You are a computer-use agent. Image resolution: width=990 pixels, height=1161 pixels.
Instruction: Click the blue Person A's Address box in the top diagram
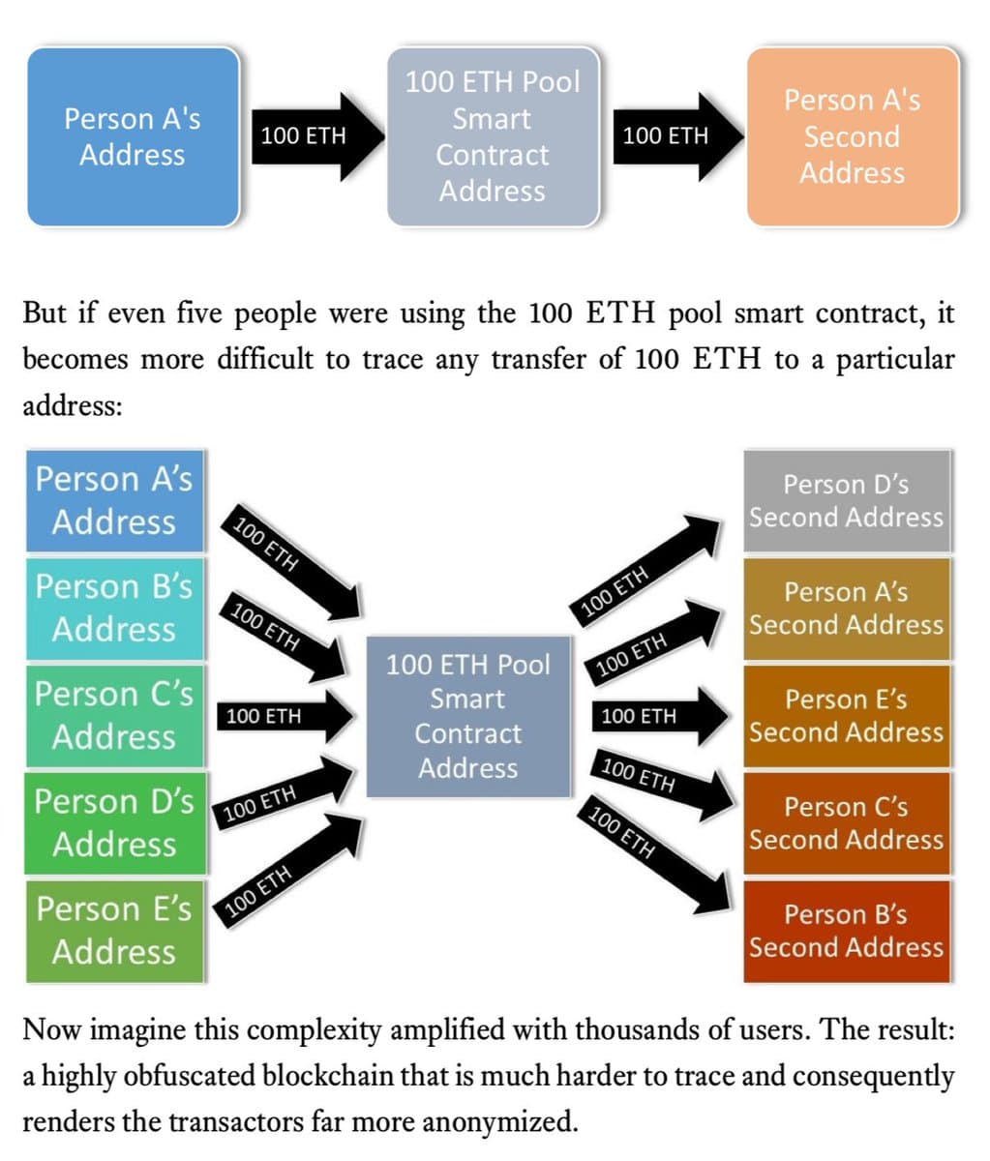(133, 136)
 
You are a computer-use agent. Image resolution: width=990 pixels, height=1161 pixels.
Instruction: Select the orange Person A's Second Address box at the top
(853, 136)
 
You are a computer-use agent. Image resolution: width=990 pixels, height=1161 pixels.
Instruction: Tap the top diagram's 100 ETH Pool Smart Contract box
(493, 136)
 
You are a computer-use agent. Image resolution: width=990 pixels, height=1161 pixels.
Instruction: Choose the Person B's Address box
(114, 608)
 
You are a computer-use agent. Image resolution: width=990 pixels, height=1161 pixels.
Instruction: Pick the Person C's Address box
(114, 715)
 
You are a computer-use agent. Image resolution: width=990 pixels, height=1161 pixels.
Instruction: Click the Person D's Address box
(114, 822)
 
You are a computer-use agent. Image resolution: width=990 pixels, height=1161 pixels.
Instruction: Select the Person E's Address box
(114, 930)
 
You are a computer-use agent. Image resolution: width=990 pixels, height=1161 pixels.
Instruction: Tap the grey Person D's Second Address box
(846, 500)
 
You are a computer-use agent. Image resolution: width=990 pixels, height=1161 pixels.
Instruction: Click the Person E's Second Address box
(846, 715)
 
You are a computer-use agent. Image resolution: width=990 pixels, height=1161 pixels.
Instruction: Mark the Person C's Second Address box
(846, 822)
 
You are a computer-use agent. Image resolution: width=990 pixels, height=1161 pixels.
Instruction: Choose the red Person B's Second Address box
(846, 930)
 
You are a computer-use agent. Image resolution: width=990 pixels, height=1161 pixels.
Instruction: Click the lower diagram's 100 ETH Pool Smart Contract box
(468, 716)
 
